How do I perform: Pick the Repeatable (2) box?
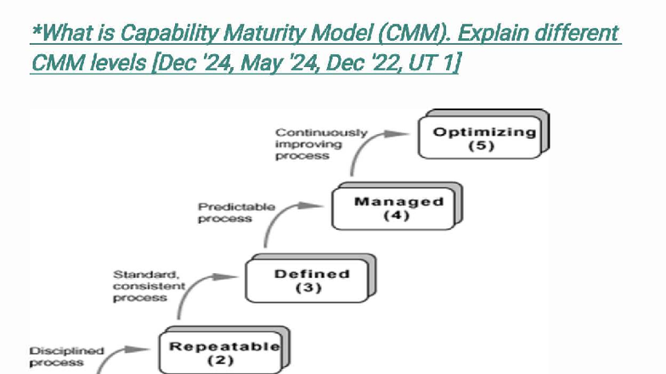click(x=223, y=351)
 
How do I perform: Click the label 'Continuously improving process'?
click(x=320, y=144)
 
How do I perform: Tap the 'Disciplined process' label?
click(x=66, y=356)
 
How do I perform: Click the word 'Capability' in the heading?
click(x=168, y=34)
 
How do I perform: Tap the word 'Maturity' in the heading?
click(x=262, y=34)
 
